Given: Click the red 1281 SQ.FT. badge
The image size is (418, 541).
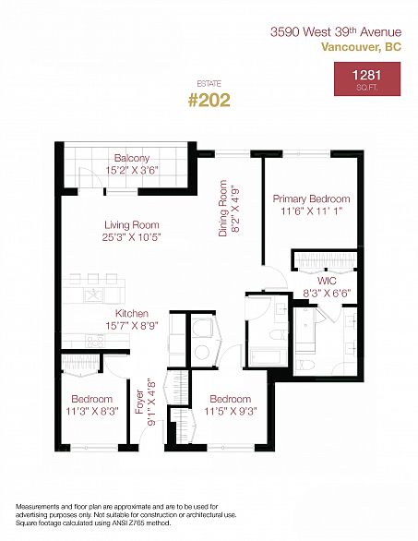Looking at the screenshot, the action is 367,79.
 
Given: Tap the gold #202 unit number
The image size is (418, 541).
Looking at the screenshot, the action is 209,101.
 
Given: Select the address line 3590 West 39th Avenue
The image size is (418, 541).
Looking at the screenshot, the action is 336,32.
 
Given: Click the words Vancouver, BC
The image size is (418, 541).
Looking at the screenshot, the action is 362,46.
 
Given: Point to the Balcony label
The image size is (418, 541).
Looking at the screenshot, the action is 132,159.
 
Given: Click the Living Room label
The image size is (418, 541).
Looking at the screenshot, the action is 132,225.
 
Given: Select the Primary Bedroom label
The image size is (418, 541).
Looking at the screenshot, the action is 311,198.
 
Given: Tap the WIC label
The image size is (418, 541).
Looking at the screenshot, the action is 327,280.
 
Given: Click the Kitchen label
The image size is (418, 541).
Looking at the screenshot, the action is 132,313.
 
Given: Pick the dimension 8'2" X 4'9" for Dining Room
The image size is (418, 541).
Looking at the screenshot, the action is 236,210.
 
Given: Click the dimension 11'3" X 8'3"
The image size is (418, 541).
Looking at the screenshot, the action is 92,411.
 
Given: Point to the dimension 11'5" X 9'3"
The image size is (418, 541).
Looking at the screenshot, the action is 231,411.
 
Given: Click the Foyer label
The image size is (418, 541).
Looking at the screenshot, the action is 139,403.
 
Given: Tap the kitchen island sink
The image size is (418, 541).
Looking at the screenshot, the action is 93,295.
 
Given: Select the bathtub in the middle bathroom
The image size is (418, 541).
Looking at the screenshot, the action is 268,357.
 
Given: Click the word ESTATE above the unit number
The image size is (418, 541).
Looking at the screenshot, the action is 209,84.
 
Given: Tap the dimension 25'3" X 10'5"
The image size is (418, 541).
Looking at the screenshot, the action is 132,237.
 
